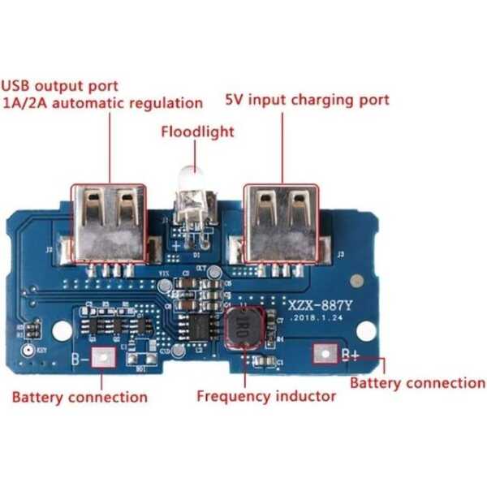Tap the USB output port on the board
(x=109, y=222)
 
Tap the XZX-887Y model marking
(x=319, y=305)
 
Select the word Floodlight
(x=197, y=131)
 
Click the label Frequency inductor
(x=266, y=396)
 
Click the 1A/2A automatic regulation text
(x=102, y=103)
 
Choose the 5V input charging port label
(x=307, y=101)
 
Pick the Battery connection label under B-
(x=80, y=398)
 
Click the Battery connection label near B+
(x=417, y=382)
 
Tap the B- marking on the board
(x=80, y=357)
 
